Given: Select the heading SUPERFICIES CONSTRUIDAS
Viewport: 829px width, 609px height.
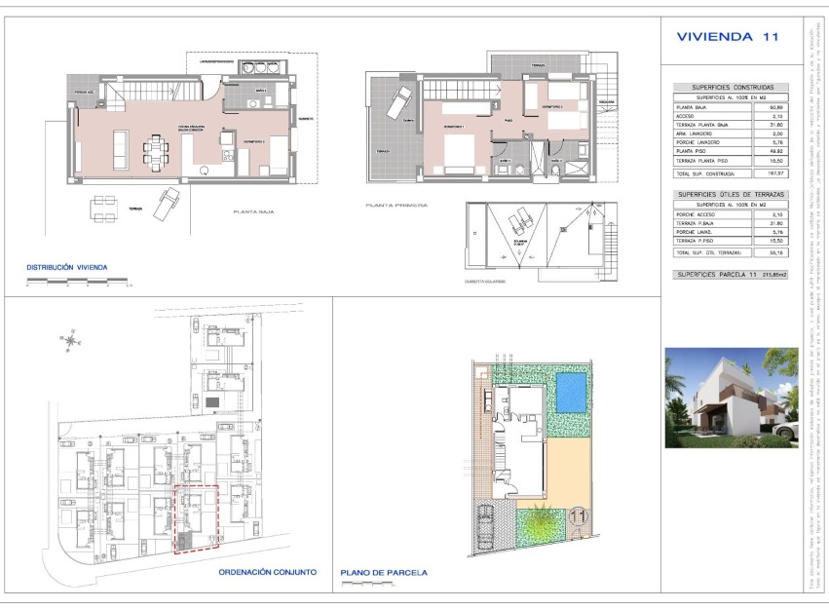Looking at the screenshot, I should coord(732,87).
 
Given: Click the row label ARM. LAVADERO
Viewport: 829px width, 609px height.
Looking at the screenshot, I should coord(700,133).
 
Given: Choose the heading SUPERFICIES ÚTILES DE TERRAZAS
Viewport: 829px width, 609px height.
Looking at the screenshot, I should coord(732,195).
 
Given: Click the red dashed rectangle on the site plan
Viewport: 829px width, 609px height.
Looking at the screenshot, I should coord(195,518).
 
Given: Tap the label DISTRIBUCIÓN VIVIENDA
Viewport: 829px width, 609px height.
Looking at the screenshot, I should coord(66,266).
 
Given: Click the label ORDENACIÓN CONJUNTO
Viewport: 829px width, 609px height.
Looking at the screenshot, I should coord(266,572).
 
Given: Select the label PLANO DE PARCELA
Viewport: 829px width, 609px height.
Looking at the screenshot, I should coord(384,573).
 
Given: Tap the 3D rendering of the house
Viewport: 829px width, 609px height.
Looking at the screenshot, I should coord(731,398).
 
